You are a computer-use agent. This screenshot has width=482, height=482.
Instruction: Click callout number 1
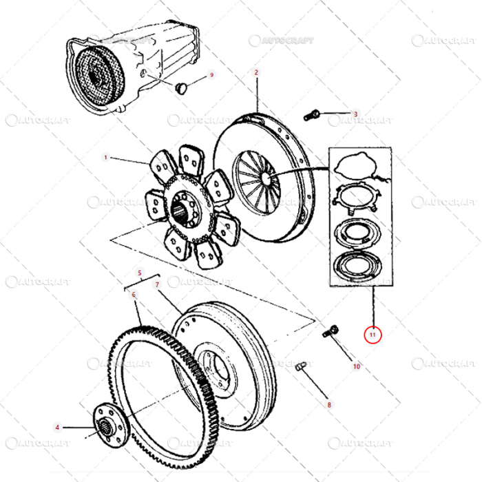pos(106,158)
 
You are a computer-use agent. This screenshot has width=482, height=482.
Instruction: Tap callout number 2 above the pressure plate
pos(256,72)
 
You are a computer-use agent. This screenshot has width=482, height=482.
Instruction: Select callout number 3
pos(356,114)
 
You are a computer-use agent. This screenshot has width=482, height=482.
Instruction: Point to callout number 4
pos(58,428)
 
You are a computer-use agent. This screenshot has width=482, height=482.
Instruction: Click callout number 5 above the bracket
pos(140,273)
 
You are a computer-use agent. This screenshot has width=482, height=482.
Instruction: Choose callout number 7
pos(157,284)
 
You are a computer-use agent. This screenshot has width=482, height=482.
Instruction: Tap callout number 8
pos(329,405)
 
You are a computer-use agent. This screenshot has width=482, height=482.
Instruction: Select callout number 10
pos(357,366)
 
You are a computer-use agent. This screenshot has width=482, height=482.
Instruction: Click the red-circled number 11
pos(373,335)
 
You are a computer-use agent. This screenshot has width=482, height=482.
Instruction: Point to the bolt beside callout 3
pos(311,114)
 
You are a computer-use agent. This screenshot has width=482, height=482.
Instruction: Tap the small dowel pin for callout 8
pos(300,368)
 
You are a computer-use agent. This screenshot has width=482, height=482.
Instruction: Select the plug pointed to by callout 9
pos(182,87)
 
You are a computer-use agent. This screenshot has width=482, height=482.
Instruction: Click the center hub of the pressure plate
pos(264,178)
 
